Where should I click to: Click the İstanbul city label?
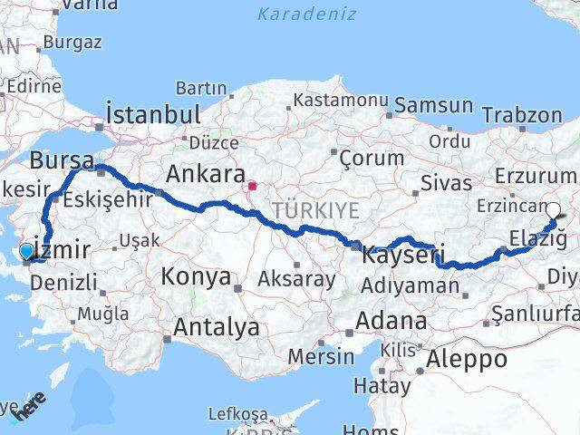click(x=152, y=115)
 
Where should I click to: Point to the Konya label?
click(x=196, y=276)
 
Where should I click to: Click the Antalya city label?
click(x=217, y=327)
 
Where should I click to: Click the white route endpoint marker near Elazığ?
click(x=553, y=210)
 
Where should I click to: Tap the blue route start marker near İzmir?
click(x=27, y=252)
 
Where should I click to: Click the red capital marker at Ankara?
click(x=252, y=188)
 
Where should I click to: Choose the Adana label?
click(x=391, y=321)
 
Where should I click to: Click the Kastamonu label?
click(x=341, y=99)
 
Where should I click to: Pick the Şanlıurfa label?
click(x=535, y=314)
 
